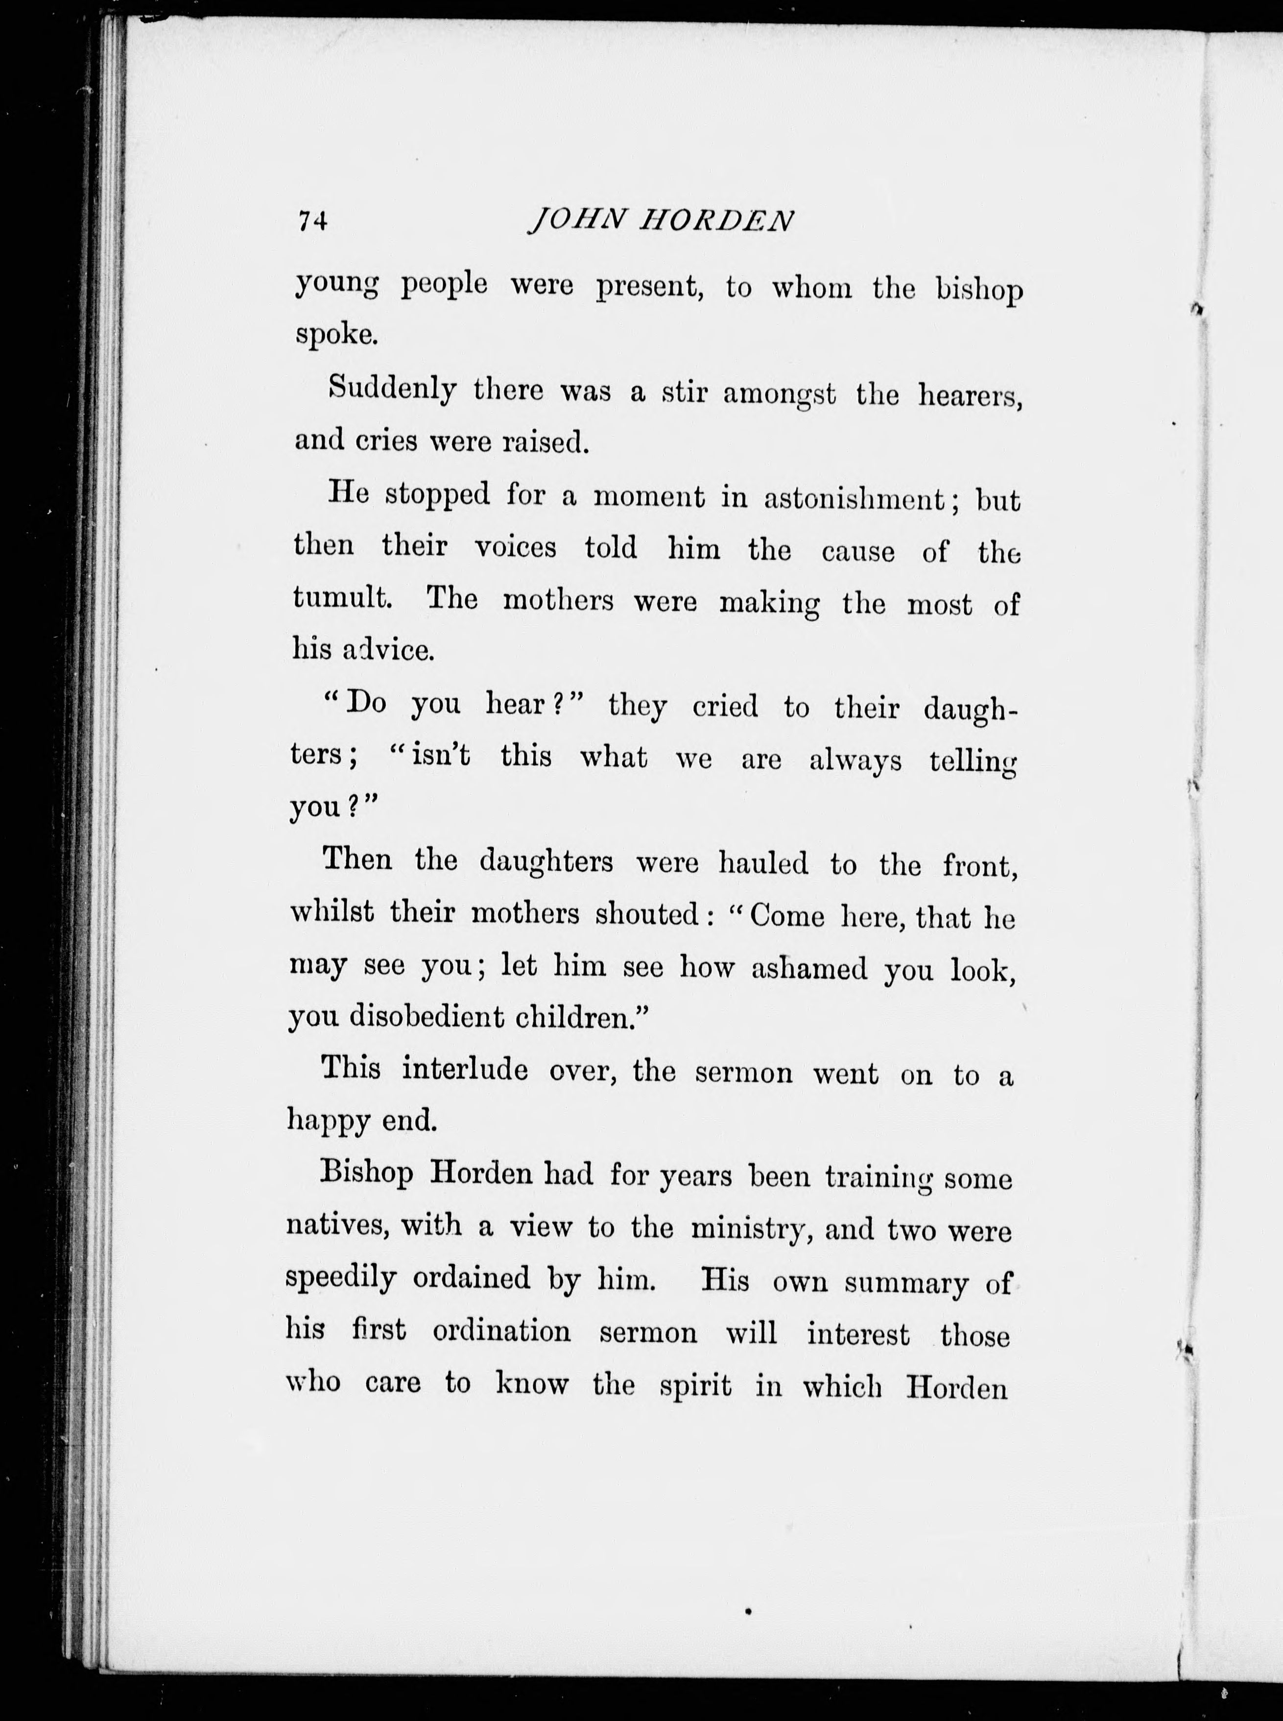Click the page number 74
click(312, 221)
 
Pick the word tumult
click(340, 597)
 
